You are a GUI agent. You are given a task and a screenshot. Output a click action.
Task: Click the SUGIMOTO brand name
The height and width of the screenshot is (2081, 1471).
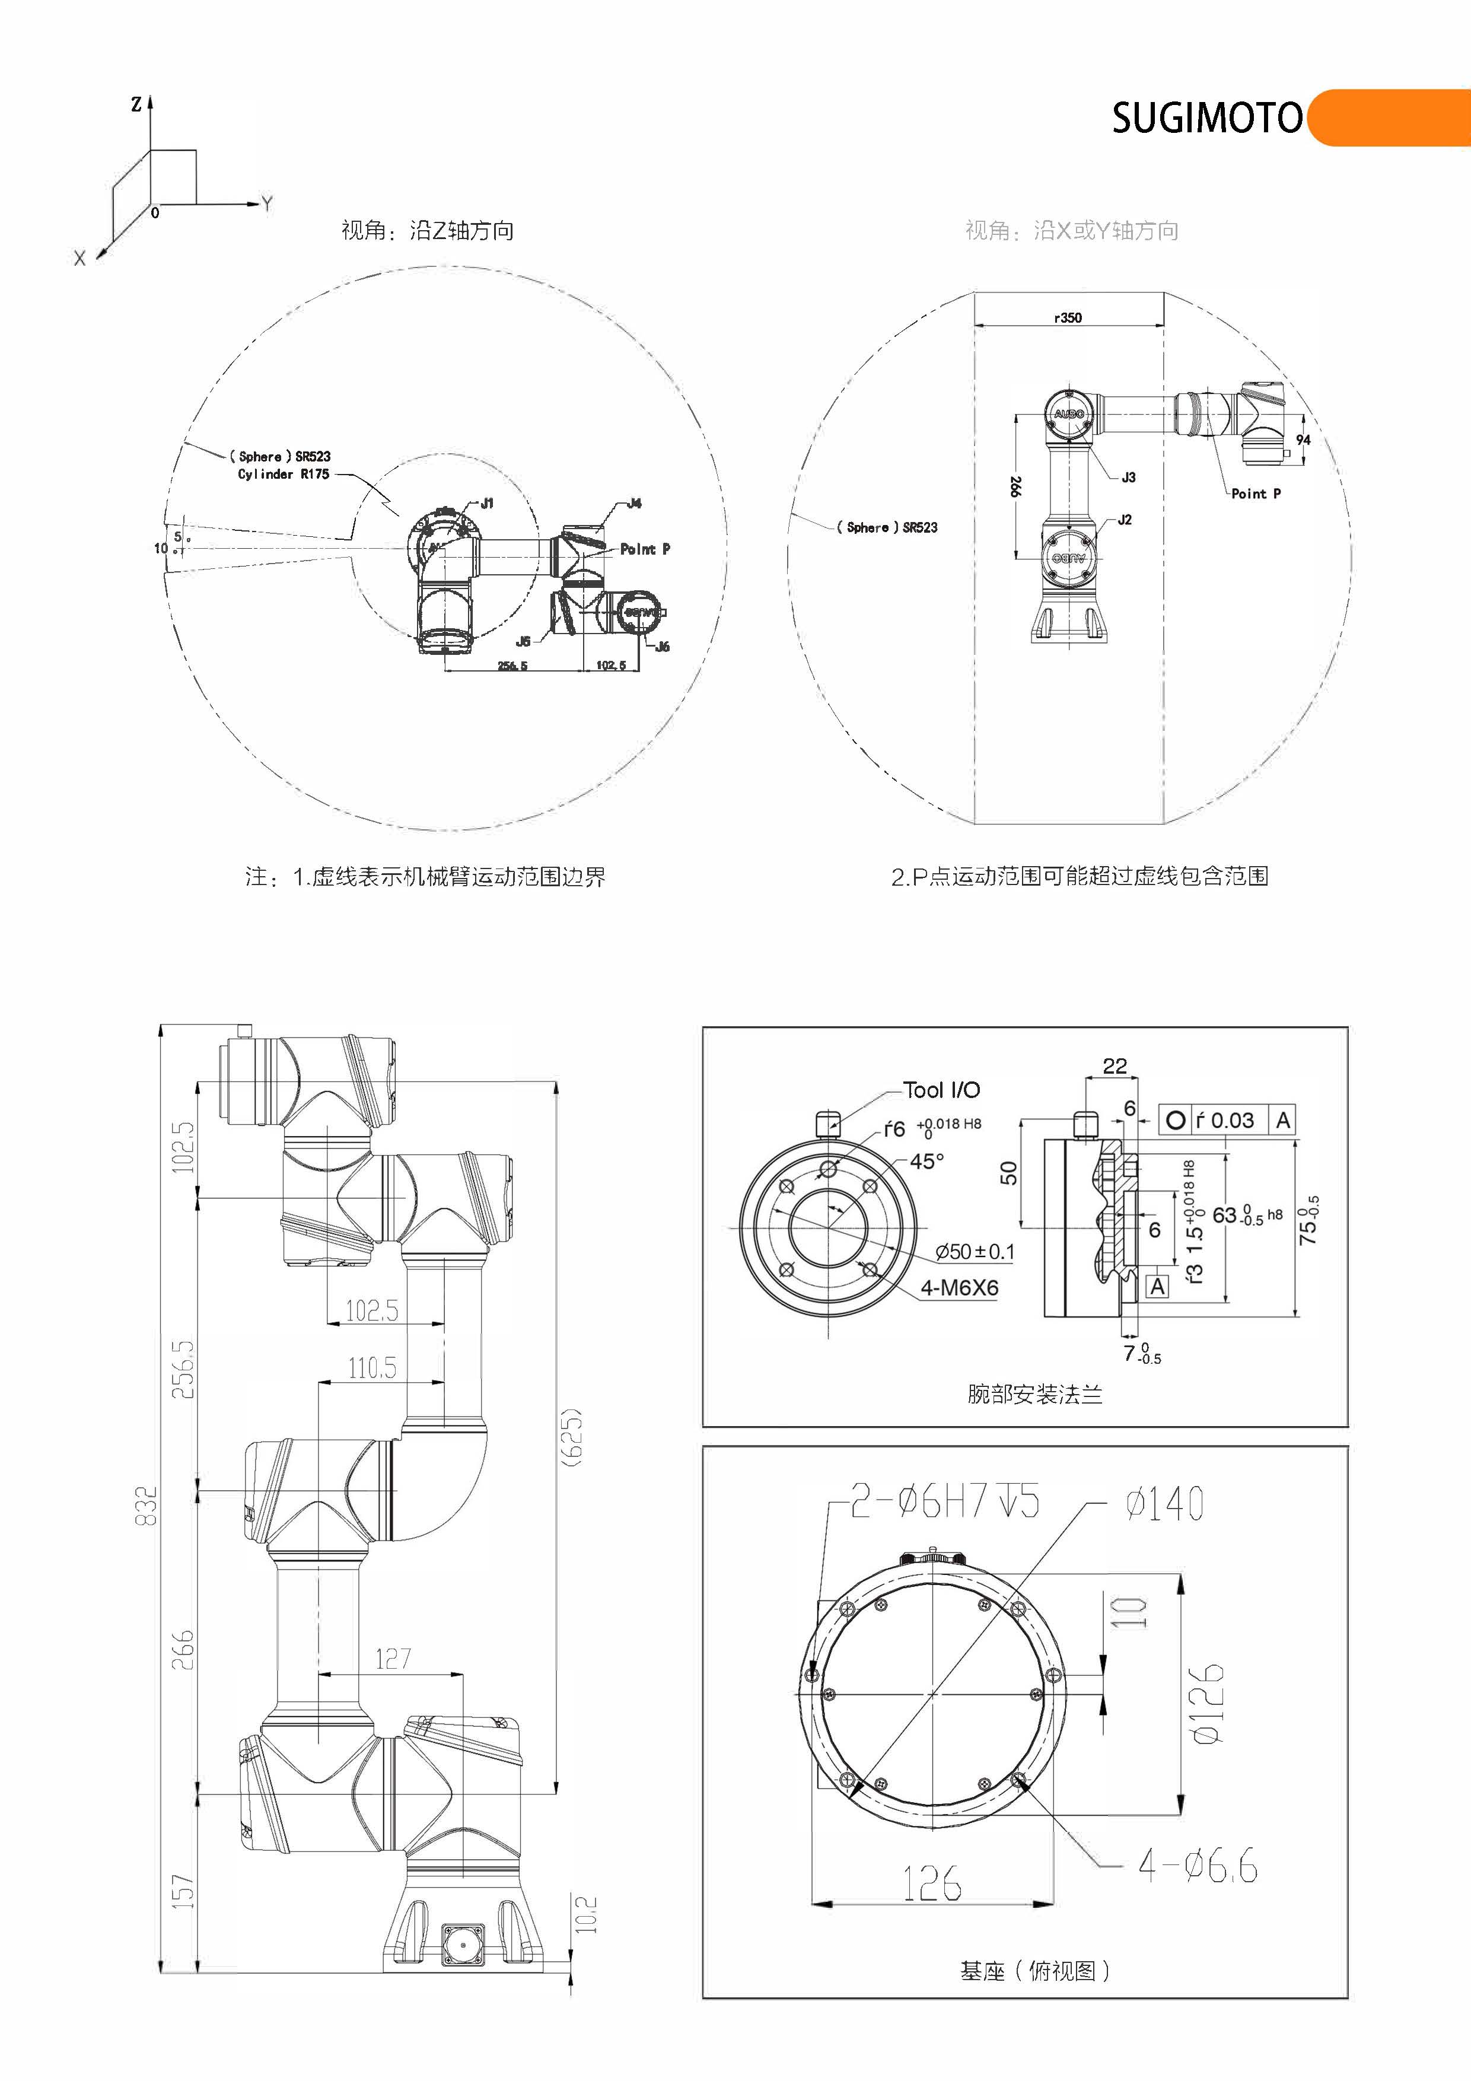[1206, 119]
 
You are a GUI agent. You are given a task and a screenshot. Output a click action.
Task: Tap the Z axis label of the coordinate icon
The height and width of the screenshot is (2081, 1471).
[136, 105]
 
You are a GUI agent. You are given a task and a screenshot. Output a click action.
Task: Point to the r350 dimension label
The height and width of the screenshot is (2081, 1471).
[1068, 317]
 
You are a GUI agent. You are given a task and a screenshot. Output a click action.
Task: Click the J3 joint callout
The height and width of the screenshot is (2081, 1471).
[1128, 477]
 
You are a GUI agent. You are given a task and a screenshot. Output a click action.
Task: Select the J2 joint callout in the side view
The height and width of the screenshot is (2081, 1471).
[1125, 519]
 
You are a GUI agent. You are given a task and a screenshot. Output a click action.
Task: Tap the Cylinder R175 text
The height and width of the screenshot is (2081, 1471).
[283, 474]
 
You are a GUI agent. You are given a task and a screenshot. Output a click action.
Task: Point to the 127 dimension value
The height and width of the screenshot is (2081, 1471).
[393, 1659]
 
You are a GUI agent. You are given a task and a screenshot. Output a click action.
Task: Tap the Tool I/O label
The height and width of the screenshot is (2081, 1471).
[942, 1090]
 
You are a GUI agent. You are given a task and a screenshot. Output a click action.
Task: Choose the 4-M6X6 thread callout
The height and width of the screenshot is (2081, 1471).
[959, 1287]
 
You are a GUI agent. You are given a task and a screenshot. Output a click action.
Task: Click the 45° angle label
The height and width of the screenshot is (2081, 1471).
[927, 1161]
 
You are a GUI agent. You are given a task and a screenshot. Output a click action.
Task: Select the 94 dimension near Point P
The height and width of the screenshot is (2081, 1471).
[1303, 440]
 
